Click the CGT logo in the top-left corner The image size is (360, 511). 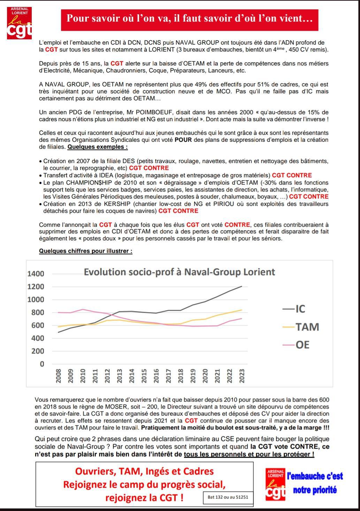20,23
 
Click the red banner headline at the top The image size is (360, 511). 190,18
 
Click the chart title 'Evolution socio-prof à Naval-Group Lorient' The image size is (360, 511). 179,272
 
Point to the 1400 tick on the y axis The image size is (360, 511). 36,274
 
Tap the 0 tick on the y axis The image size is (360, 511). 42,364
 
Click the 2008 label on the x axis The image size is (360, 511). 59,376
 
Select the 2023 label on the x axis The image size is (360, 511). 242,376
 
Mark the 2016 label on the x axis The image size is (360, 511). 156,376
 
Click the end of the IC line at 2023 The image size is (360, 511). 242,286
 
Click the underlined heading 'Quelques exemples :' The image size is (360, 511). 98,147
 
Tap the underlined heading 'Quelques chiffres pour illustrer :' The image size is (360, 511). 85,251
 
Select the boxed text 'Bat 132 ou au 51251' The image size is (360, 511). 228,497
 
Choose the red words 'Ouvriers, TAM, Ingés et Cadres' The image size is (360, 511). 144,471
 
